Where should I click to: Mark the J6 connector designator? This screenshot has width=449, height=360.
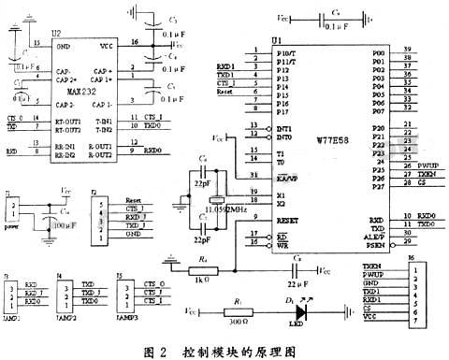pos(411,255)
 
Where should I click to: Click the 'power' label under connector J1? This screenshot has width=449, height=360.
pos(13,224)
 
